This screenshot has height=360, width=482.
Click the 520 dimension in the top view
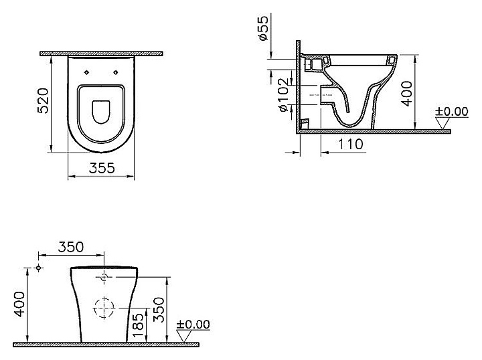(x=43, y=101)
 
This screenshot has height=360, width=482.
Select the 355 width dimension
(x=102, y=169)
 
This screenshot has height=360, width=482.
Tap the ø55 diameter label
(x=264, y=28)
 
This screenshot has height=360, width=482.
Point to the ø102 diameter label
(x=283, y=94)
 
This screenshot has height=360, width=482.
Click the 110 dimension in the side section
(x=350, y=144)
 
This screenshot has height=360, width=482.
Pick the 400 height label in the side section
(x=407, y=94)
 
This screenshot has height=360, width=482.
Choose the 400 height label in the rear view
(x=19, y=304)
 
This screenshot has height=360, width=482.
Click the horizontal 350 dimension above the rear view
(x=71, y=247)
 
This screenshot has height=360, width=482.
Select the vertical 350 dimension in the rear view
(x=159, y=310)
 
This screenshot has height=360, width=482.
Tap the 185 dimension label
(x=139, y=325)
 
